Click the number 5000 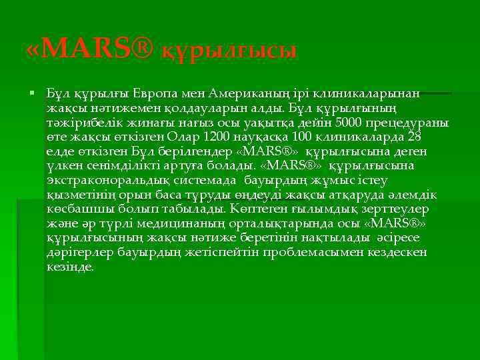(x=350, y=123)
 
